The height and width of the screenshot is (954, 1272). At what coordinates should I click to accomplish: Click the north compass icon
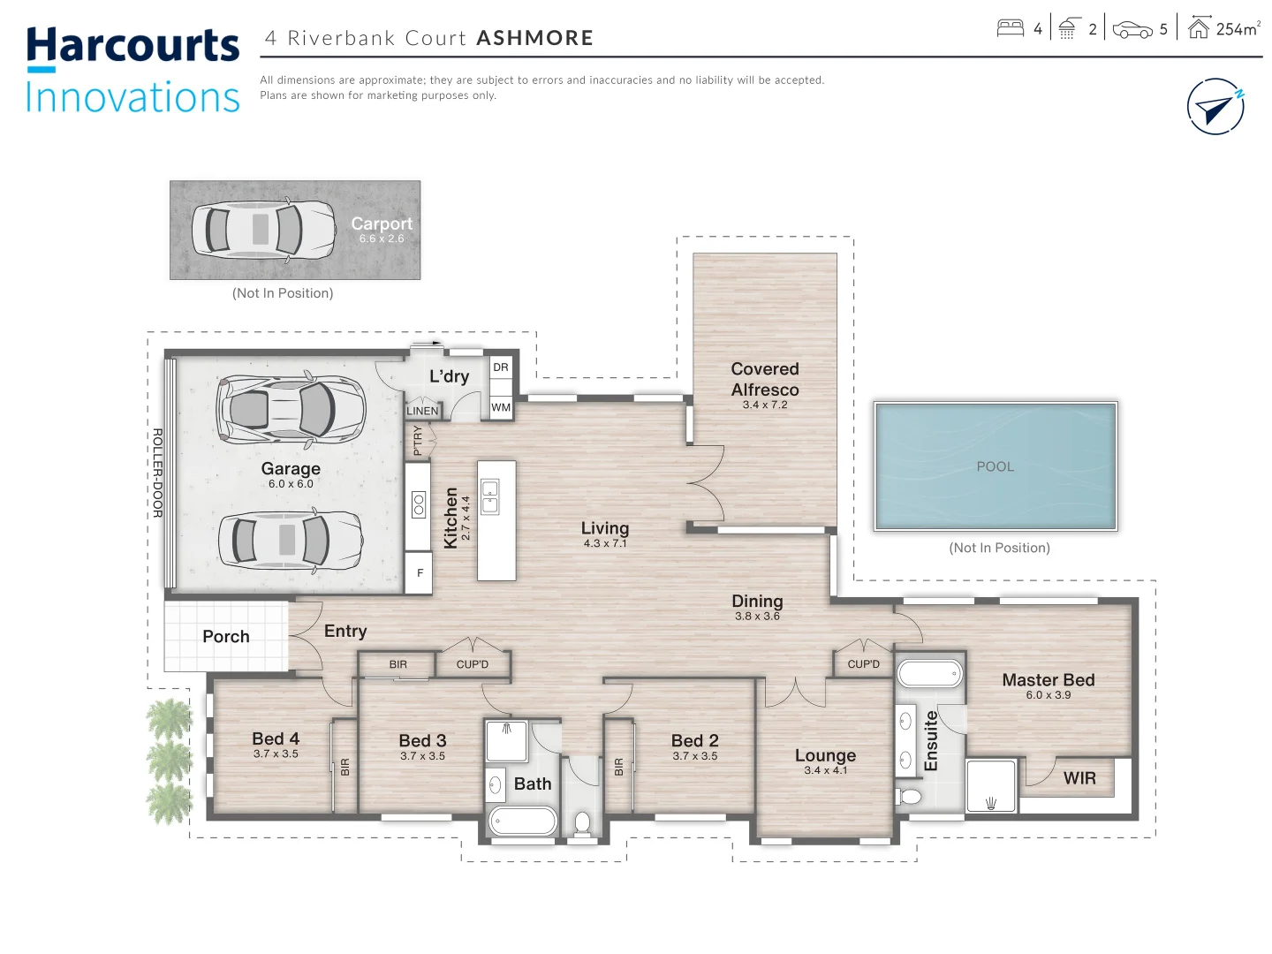1215,107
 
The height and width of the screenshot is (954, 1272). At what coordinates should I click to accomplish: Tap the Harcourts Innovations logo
132,71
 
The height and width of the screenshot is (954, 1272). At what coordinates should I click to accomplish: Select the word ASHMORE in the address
534,38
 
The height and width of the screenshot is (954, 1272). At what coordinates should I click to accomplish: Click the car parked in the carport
263,229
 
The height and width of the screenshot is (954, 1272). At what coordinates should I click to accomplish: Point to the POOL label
995,466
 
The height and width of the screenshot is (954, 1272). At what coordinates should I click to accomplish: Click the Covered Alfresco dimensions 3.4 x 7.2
764,405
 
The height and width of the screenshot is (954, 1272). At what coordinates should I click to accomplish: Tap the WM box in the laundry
501,407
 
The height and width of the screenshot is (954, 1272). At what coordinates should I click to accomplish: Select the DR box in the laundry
501,367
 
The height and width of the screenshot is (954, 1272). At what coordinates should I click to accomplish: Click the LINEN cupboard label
422,411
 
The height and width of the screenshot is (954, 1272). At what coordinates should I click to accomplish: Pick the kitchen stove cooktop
419,504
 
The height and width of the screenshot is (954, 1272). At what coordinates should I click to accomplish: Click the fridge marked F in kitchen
420,573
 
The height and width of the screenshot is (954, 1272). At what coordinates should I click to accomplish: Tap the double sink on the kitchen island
489,496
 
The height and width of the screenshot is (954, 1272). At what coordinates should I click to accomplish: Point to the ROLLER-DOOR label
157,473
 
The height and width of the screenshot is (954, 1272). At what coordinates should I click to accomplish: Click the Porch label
226,636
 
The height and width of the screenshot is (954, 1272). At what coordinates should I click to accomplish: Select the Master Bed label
1048,679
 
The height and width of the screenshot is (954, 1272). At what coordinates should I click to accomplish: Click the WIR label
1079,778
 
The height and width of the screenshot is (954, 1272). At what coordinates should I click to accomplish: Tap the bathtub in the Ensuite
929,674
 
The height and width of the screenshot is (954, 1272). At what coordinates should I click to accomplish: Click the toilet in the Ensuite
910,797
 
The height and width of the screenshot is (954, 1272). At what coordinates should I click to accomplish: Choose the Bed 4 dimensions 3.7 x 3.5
276,754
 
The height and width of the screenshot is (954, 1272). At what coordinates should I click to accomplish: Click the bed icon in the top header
1010,29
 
